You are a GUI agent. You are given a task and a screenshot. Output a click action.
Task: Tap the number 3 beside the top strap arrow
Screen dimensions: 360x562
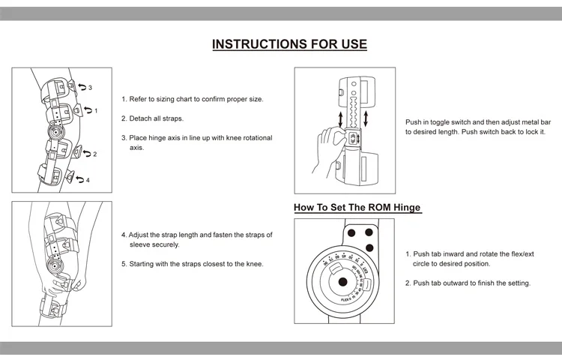tap(90, 88)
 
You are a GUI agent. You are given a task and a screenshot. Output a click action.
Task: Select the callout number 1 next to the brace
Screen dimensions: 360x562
tap(95, 111)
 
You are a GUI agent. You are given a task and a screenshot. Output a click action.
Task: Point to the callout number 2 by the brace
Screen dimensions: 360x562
tap(94, 154)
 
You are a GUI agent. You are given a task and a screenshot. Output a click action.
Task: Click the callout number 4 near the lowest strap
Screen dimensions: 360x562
tap(88, 180)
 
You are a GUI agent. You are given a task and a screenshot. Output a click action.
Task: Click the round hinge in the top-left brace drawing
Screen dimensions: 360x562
tap(53, 133)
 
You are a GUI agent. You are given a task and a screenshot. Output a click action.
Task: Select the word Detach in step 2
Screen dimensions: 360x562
tap(140, 118)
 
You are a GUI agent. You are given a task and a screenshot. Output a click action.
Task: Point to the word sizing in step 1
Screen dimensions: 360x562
tap(164, 99)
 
